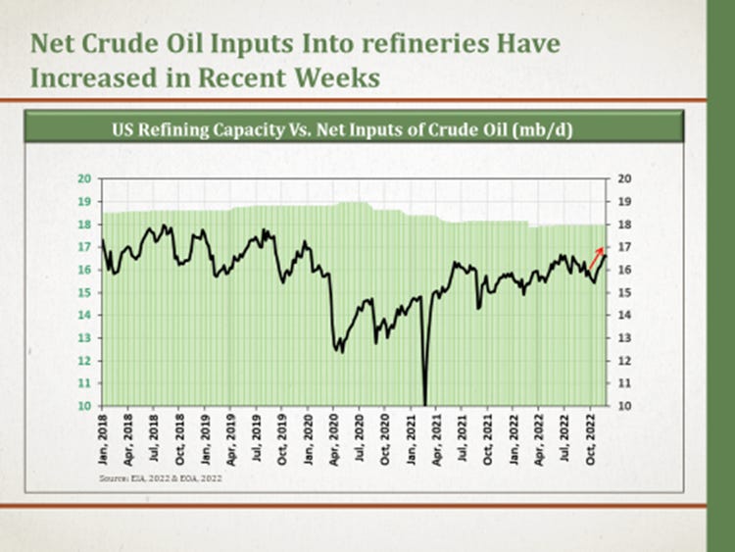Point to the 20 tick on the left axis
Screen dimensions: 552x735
[84, 178]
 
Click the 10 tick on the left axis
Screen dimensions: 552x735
[84, 406]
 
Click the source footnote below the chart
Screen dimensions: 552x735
[167, 477]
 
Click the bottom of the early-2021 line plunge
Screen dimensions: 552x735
[425, 402]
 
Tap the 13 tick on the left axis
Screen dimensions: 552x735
[84, 337]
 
